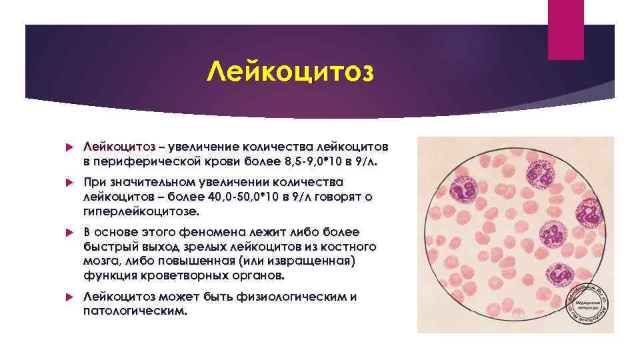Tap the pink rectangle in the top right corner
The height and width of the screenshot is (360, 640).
[x=565, y=30]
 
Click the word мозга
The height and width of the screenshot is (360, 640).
[x=102, y=261]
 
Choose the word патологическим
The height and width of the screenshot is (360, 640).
[x=131, y=311]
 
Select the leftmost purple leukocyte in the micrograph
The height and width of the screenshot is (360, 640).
[x=458, y=189]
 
